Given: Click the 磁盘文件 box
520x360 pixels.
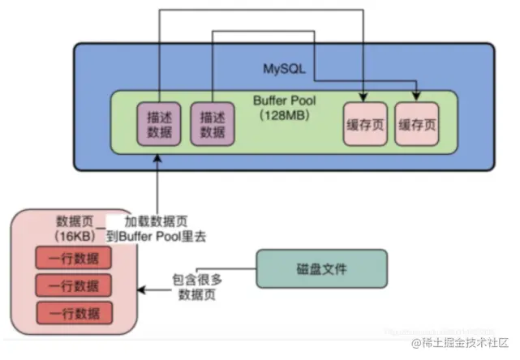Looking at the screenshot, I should click(321, 268).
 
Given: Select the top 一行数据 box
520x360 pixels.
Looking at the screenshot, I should click(73, 259).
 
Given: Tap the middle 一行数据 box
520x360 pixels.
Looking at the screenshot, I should click(73, 286).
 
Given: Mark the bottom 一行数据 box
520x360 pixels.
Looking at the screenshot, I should click(73, 313).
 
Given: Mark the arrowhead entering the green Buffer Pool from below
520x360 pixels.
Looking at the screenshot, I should click(155, 156).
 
